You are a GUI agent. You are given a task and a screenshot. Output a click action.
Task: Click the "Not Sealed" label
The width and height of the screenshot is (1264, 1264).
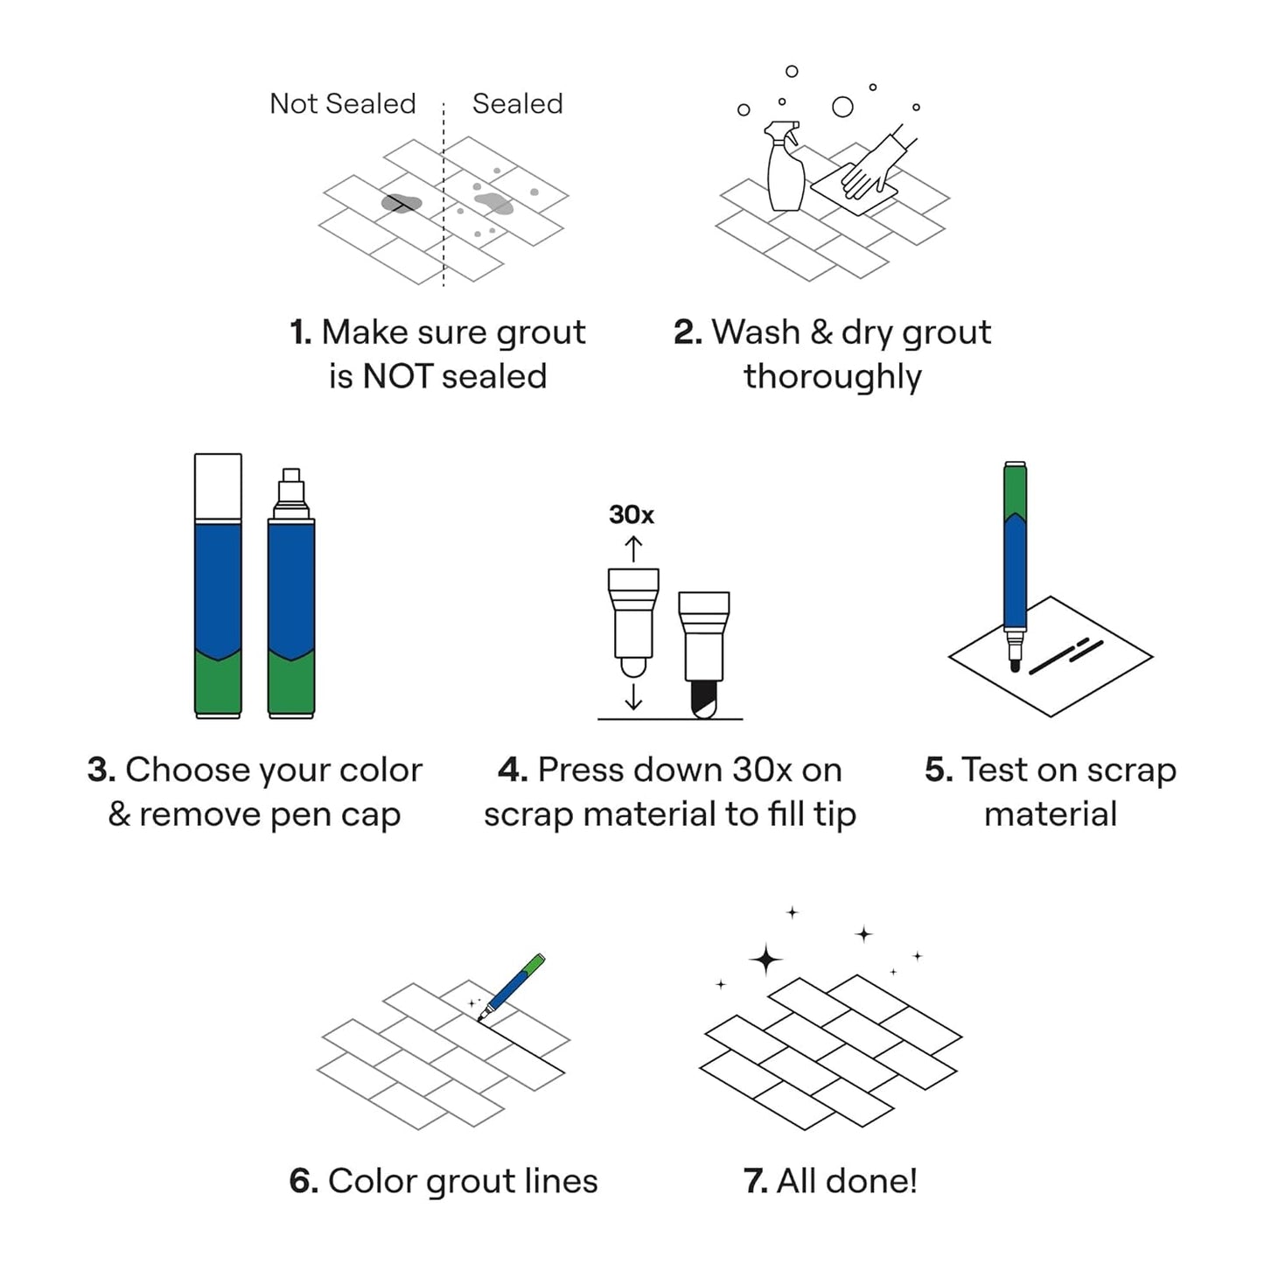(342, 103)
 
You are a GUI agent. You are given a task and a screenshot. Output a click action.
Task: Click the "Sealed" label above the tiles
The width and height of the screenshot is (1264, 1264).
(517, 103)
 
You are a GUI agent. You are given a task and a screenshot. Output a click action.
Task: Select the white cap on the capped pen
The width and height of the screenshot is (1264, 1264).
(218, 486)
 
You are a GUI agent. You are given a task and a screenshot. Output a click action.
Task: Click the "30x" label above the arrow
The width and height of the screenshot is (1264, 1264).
(631, 514)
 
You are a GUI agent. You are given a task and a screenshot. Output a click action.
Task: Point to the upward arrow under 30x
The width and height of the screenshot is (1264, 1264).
(633, 549)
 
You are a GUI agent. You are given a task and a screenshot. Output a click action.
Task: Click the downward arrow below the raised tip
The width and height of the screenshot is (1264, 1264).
(633, 697)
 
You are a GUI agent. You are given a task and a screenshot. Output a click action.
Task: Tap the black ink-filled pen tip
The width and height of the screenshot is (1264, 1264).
(704, 699)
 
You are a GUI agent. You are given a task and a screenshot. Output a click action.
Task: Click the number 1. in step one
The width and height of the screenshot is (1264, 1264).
(301, 332)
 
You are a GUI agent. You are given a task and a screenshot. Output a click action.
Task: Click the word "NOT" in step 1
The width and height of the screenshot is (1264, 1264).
(397, 376)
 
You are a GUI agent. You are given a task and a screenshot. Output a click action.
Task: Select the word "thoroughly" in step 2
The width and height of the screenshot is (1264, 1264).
(832, 377)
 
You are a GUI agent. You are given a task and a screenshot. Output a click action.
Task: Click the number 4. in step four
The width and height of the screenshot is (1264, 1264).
(513, 770)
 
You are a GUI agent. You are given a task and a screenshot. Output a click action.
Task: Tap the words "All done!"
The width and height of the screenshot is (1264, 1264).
(846, 1181)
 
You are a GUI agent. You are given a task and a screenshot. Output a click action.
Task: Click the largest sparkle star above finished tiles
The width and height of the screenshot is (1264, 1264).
(766, 960)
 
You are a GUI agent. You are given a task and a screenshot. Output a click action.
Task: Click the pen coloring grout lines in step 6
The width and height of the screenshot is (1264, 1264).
(512, 987)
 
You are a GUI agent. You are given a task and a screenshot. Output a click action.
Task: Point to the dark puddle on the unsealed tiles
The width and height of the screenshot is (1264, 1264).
(402, 203)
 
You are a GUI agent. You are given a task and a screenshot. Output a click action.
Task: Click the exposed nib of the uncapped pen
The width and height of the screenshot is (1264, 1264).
(291, 482)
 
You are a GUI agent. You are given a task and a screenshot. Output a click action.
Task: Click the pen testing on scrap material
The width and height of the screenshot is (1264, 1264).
(1015, 560)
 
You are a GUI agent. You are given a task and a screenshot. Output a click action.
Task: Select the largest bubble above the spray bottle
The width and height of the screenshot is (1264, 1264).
(842, 107)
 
